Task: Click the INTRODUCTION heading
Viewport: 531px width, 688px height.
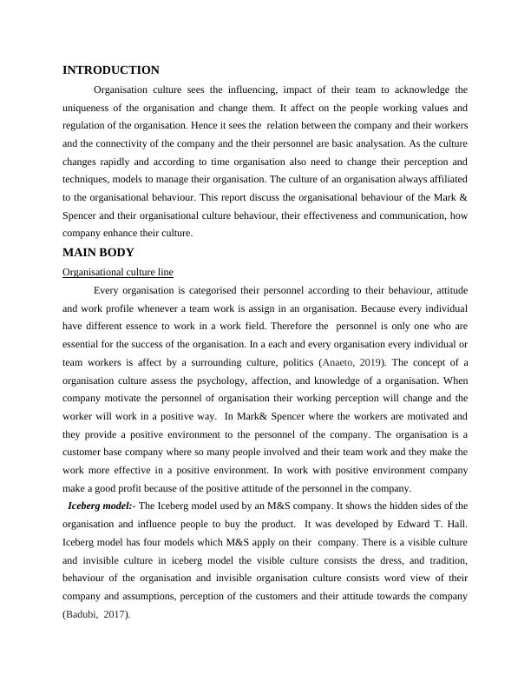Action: (x=111, y=70)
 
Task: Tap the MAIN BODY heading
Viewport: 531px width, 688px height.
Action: (x=98, y=253)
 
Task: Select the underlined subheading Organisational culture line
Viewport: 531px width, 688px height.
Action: (x=117, y=272)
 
